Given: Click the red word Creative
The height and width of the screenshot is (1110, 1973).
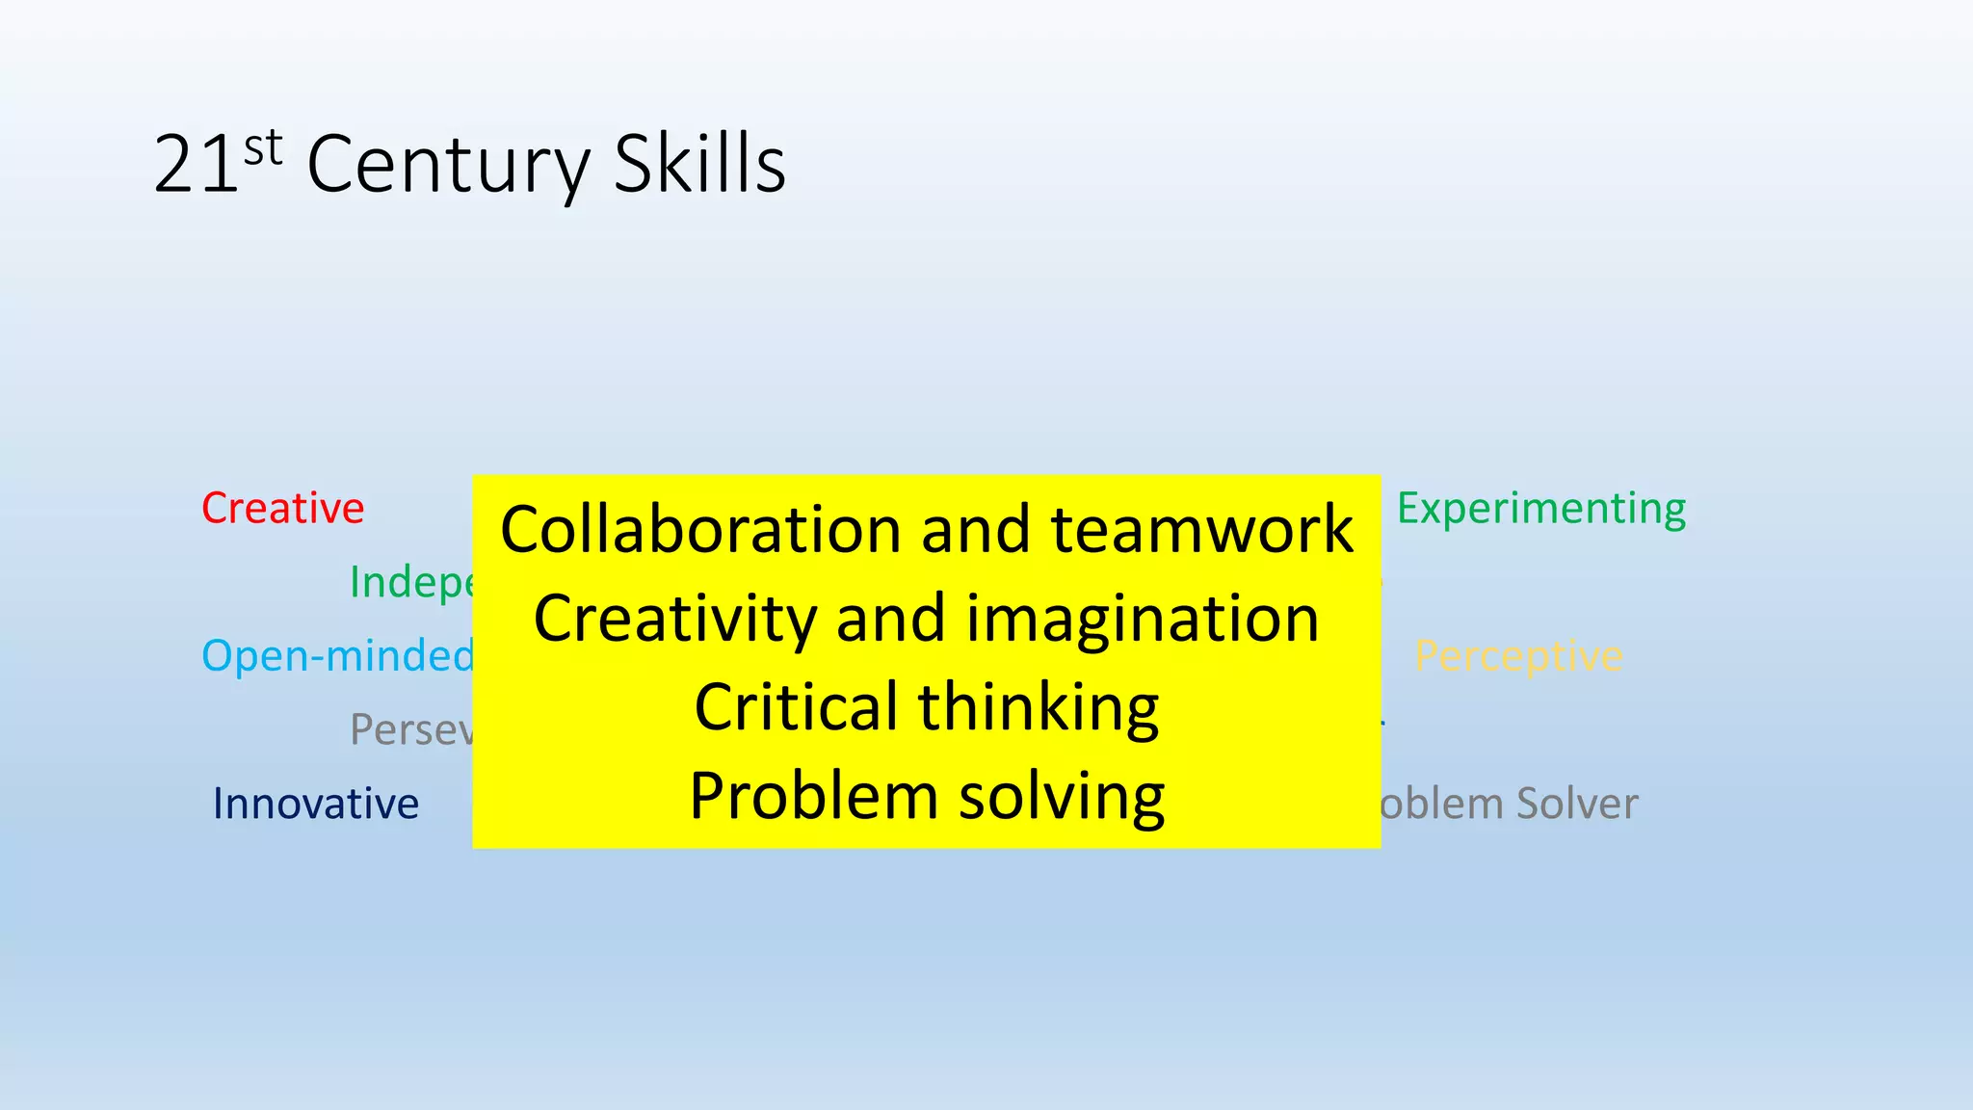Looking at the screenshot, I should pos(282,508).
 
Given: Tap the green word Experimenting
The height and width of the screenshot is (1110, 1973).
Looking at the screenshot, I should pos(1541,508).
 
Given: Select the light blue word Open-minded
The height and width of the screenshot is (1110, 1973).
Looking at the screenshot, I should pos(337,656).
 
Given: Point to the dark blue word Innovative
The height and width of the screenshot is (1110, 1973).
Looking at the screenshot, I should pos(316,804).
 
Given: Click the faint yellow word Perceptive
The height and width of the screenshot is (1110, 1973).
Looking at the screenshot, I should pos(1518,656).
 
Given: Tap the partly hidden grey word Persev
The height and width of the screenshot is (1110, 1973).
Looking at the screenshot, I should pos(411,729).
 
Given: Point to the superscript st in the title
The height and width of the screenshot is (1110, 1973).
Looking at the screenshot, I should pos(263,148).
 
